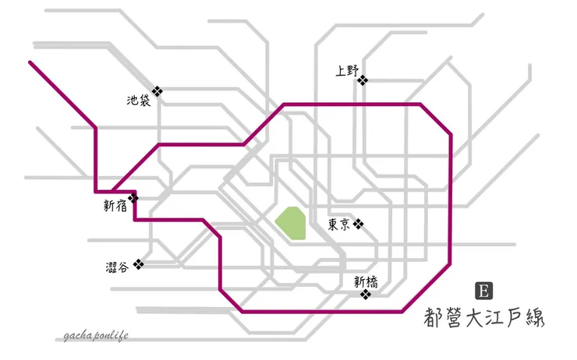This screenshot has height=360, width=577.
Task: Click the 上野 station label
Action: point(347,71)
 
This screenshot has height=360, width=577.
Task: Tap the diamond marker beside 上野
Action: point(363,80)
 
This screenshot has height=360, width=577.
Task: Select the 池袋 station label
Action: point(139,101)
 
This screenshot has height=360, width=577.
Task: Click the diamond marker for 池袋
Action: point(158,91)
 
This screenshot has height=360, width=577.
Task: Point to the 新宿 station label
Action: point(115,206)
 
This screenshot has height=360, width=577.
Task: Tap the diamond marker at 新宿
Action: point(133,198)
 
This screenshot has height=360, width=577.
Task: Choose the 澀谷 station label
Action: point(118,266)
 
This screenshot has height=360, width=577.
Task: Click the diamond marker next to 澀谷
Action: point(138,264)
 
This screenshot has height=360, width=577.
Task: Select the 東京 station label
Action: point(339,224)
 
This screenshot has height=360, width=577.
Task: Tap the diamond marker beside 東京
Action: point(359,224)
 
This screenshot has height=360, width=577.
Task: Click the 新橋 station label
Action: point(366,282)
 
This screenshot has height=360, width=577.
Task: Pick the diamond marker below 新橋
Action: point(366,295)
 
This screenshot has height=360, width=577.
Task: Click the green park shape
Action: point(290,223)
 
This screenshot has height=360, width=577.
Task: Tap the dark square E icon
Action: point(484,291)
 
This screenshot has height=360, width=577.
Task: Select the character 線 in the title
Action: point(533,317)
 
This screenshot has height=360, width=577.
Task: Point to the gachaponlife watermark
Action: point(96,336)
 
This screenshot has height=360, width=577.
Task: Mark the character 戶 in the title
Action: point(515,318)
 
